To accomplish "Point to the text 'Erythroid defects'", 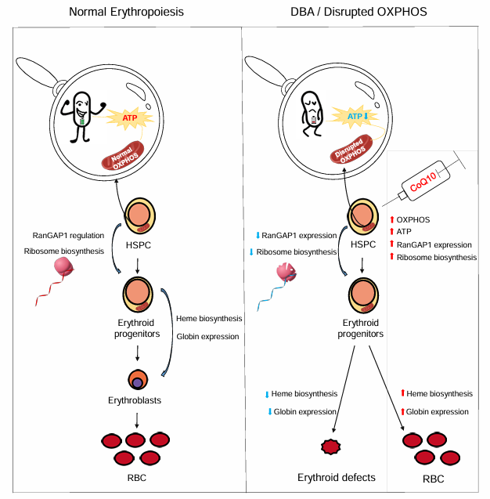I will tap(337, 478).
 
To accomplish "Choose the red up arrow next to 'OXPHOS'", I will tap(393, 219).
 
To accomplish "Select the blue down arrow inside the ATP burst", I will tap(366, 117).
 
